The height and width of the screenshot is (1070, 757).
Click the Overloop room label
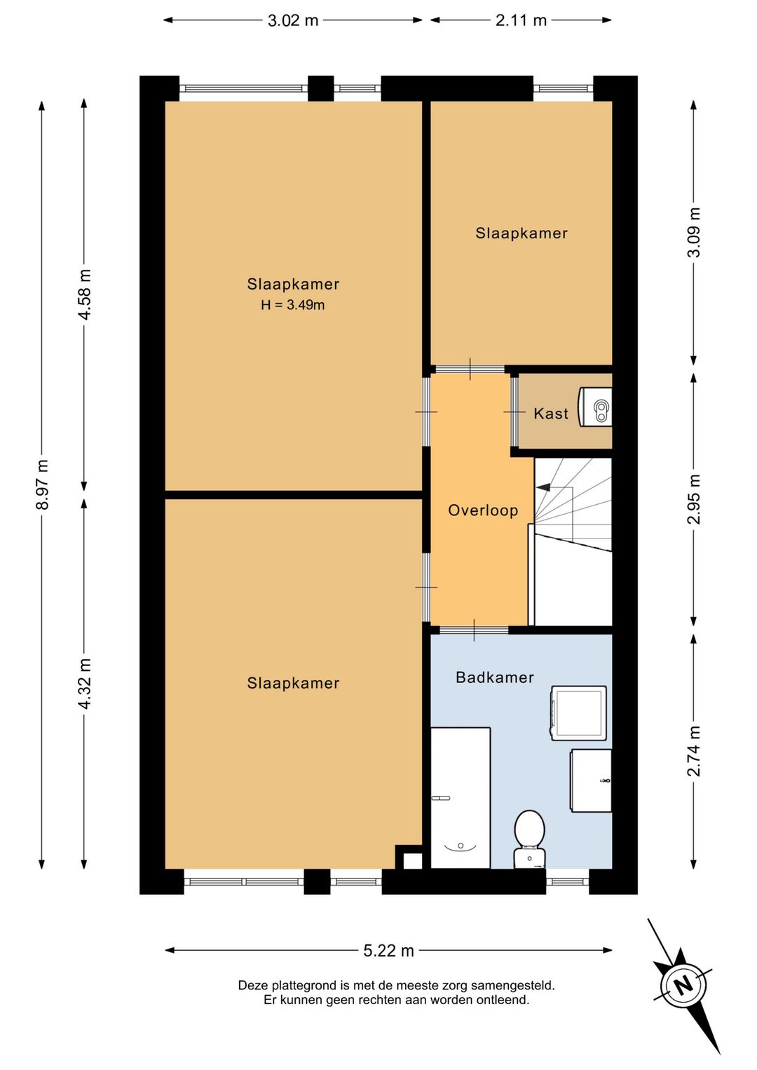tap(483, 510)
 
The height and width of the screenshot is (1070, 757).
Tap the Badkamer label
tap(495, 677)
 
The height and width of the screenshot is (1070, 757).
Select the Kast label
tap(551, 413)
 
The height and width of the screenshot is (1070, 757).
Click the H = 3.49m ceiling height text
tap(293, 305)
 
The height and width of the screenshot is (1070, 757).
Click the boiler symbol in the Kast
tap(595, 407)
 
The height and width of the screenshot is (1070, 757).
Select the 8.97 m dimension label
tap(42, 485)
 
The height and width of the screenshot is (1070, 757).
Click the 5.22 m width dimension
tap(388, 951)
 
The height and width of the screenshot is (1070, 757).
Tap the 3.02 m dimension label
tap(293, 20)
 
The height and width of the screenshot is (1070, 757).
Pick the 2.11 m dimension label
tap(521, 20)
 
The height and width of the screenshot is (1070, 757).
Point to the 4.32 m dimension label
tap(85, 684)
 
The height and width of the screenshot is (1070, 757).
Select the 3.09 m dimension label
tap(693, 232)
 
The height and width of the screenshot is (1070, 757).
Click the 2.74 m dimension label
tap(693, 752)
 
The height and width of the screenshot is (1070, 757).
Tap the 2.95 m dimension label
tap(693, 499)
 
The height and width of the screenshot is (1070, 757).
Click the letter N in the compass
tap(684, 986)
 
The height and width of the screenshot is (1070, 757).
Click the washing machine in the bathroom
tap(578, 713)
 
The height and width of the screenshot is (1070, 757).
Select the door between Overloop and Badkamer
tap(474, 630)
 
